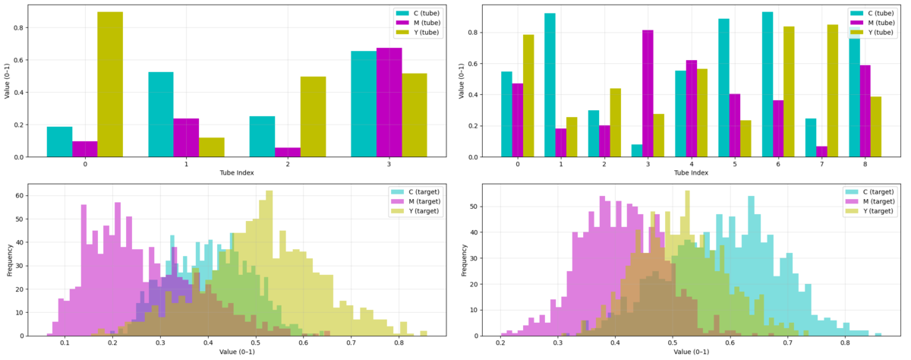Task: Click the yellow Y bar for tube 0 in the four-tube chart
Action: pos(110,84)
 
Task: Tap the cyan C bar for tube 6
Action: pos(768,84)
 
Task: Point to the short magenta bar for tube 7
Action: pos(821,152)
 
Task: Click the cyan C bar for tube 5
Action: pos(724,87)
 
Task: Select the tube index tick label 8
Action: pos(865,163)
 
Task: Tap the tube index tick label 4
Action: pos(692,163)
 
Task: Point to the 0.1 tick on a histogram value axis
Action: pos(65,343)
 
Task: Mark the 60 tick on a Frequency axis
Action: pos(19,196)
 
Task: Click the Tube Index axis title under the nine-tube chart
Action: pos(692,173)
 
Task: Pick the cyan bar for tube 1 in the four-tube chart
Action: pos(161,114)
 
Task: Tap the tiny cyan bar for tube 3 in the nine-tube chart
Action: pos(636,151)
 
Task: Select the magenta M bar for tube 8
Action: pos(865,111)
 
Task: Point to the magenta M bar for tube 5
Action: pos(735,125)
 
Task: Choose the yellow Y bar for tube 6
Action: pos(790,91)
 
